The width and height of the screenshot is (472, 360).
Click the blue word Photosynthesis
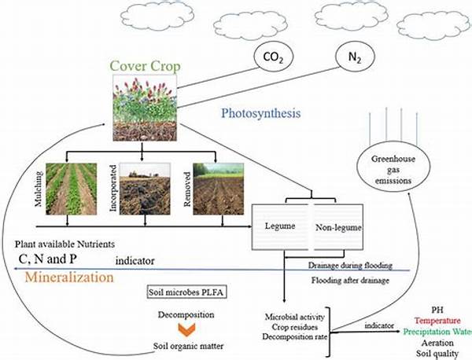[x=260, y=114]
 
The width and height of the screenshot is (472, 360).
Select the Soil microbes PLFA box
[x=186, y=292]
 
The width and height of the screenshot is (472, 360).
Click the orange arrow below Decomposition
[x=186, y=329]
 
